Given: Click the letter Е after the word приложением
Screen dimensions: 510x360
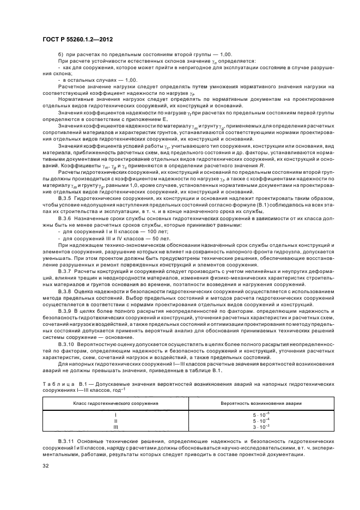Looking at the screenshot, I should (163, 118).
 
